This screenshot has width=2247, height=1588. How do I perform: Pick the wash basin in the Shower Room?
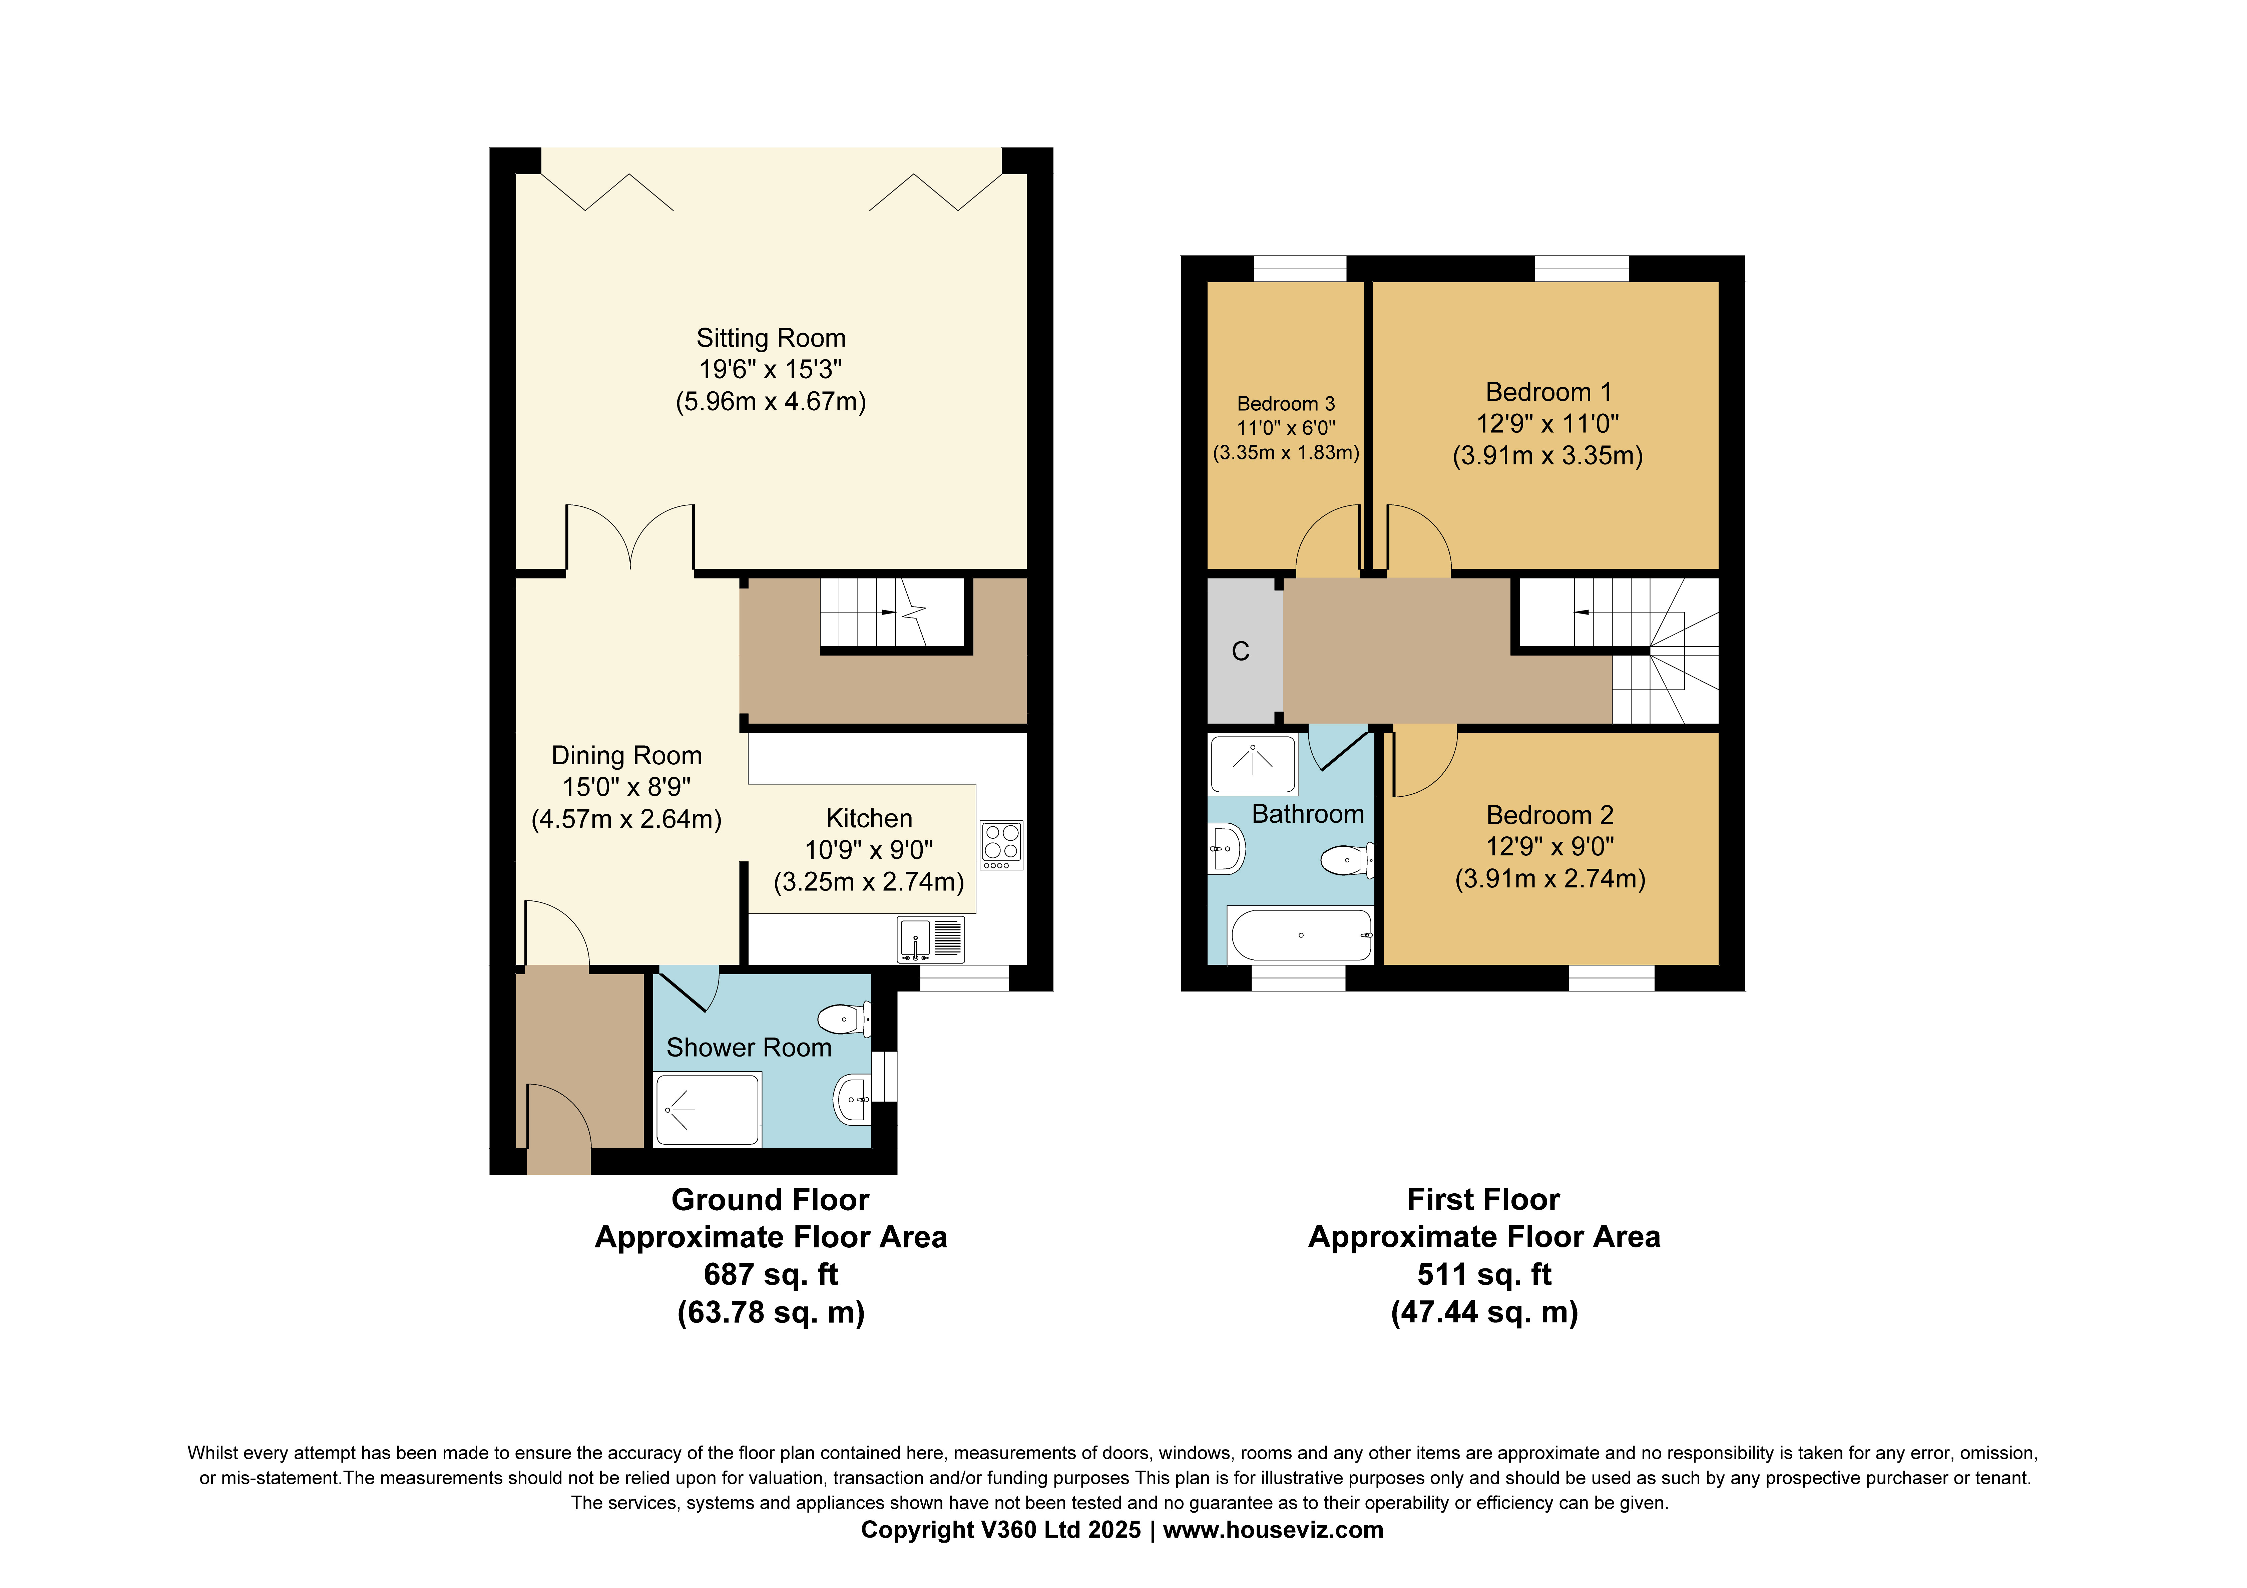point(851,1100)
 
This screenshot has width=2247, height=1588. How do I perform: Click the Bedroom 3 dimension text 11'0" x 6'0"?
point(1286,428)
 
